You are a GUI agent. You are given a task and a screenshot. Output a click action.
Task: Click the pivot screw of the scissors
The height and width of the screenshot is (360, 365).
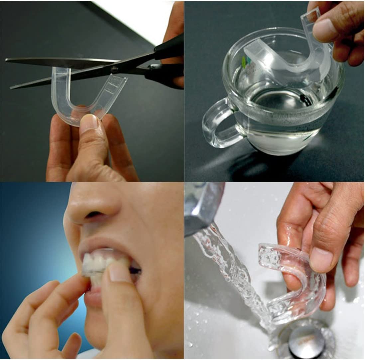click(115, 69)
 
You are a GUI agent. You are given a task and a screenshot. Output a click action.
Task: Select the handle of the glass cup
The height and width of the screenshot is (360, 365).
click(218, 123)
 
